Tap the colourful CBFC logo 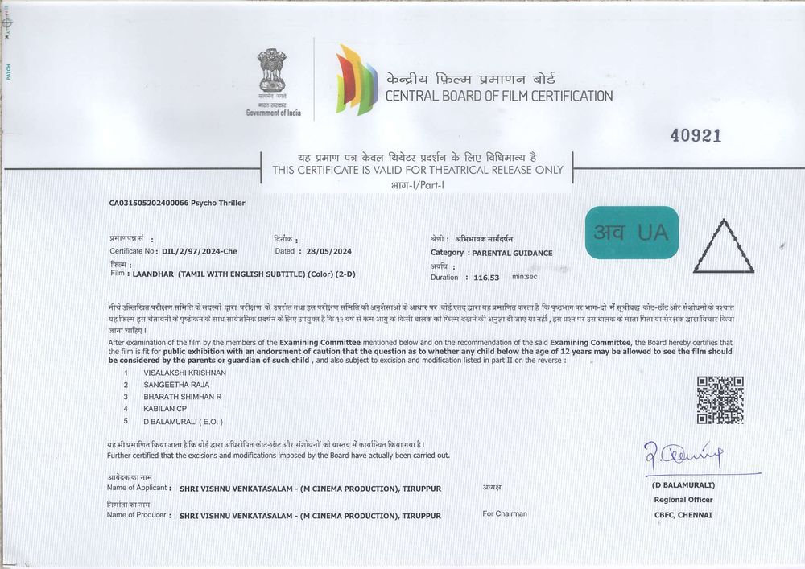[356, 80]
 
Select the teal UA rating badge [632, 233]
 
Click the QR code [720, 400]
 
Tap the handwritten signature [683, 456]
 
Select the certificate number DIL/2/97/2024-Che [200, 251]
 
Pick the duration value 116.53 [486, 278]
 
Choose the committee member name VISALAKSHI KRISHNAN [184, 373]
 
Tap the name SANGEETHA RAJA [175, 385]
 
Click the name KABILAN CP [165, 409]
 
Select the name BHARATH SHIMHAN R [182, 397]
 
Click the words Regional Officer [683, 500]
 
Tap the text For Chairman [505, 513]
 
